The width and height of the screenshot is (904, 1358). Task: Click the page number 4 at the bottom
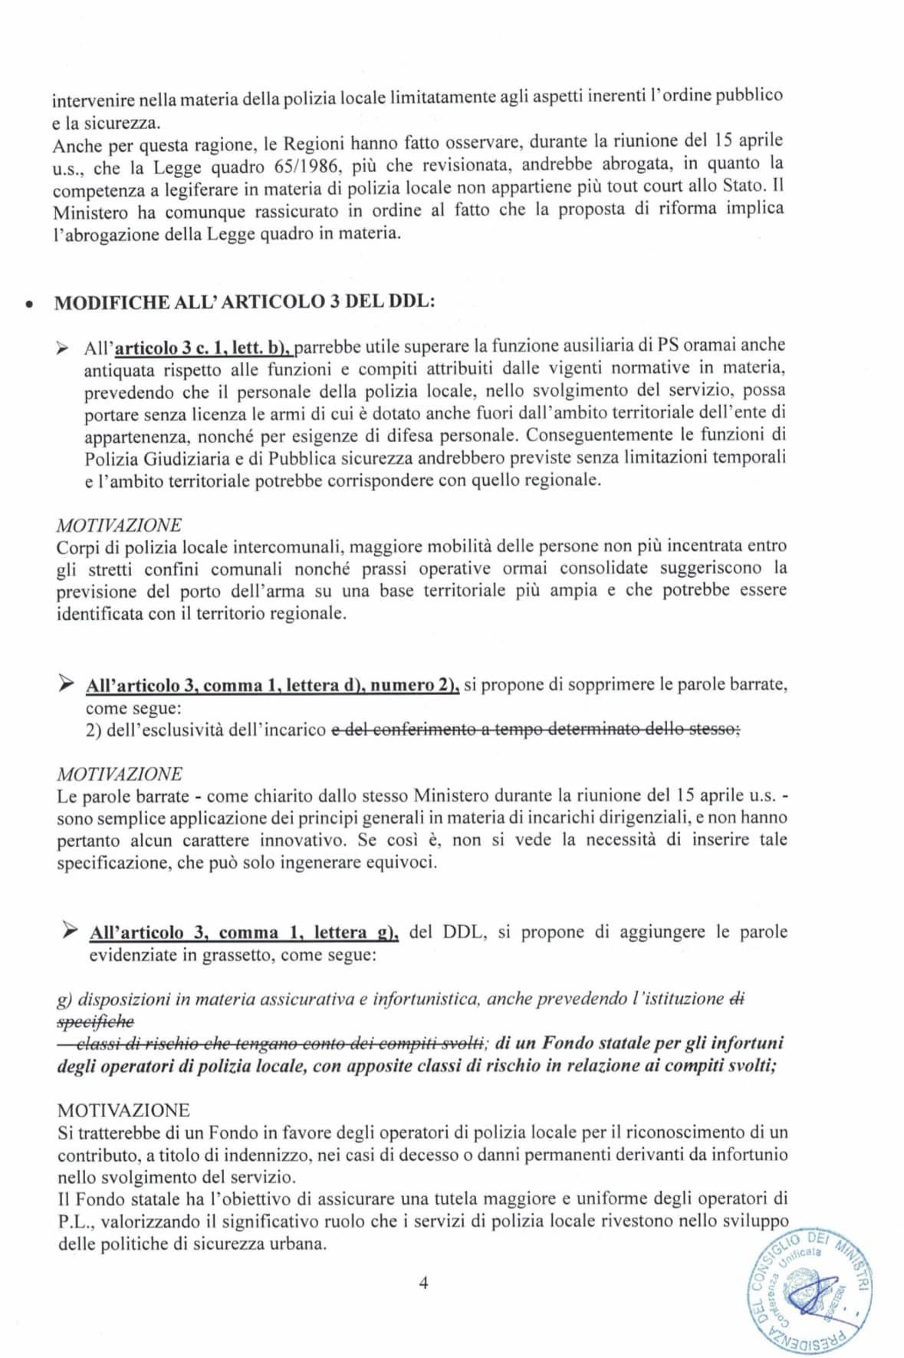pos(423,1283)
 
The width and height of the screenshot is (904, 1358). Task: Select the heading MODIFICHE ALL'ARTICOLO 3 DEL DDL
pos(245,301)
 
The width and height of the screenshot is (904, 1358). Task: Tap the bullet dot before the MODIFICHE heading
pos(28,303)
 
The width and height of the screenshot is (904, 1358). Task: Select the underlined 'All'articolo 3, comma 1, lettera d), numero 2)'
pos(273,685)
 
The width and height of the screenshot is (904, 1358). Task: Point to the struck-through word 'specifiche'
pos(96,1021)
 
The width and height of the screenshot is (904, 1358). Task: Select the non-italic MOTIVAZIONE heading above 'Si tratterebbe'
pos(123,1110)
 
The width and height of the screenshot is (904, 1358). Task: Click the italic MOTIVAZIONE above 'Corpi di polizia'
pos(119,525)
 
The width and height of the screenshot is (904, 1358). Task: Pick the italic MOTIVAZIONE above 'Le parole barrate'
pos(119,773)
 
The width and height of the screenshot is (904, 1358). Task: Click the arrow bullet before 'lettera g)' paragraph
pos(70,931)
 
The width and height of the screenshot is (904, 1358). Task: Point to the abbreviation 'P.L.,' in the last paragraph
pos(75,1220)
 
